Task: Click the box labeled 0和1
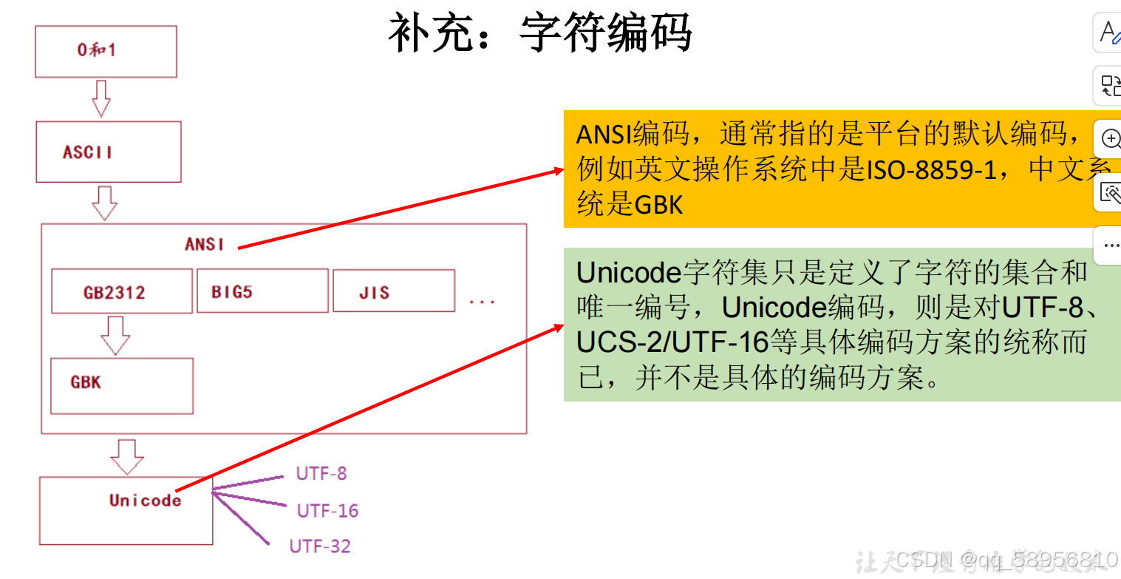coord(106,51)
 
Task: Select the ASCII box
coord(108,152)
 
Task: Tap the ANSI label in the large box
coord(204,244)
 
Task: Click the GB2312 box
coord(121,291)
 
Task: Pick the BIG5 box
coord(262,291)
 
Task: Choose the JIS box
coord(393,291)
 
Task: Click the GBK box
coord(121,385)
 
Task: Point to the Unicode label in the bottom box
coord(145,501)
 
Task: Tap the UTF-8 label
coord(321,473)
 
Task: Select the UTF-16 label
coord(327,511)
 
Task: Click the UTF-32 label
coord(320,546)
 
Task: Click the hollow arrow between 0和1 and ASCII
coord(101,98)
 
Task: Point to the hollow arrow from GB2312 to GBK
coord(115,335)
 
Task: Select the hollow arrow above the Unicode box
coord(127,456)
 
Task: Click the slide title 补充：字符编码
coord(540,33)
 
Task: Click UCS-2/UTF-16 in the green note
coord(673,342)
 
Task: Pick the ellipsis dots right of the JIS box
coord(482,301)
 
